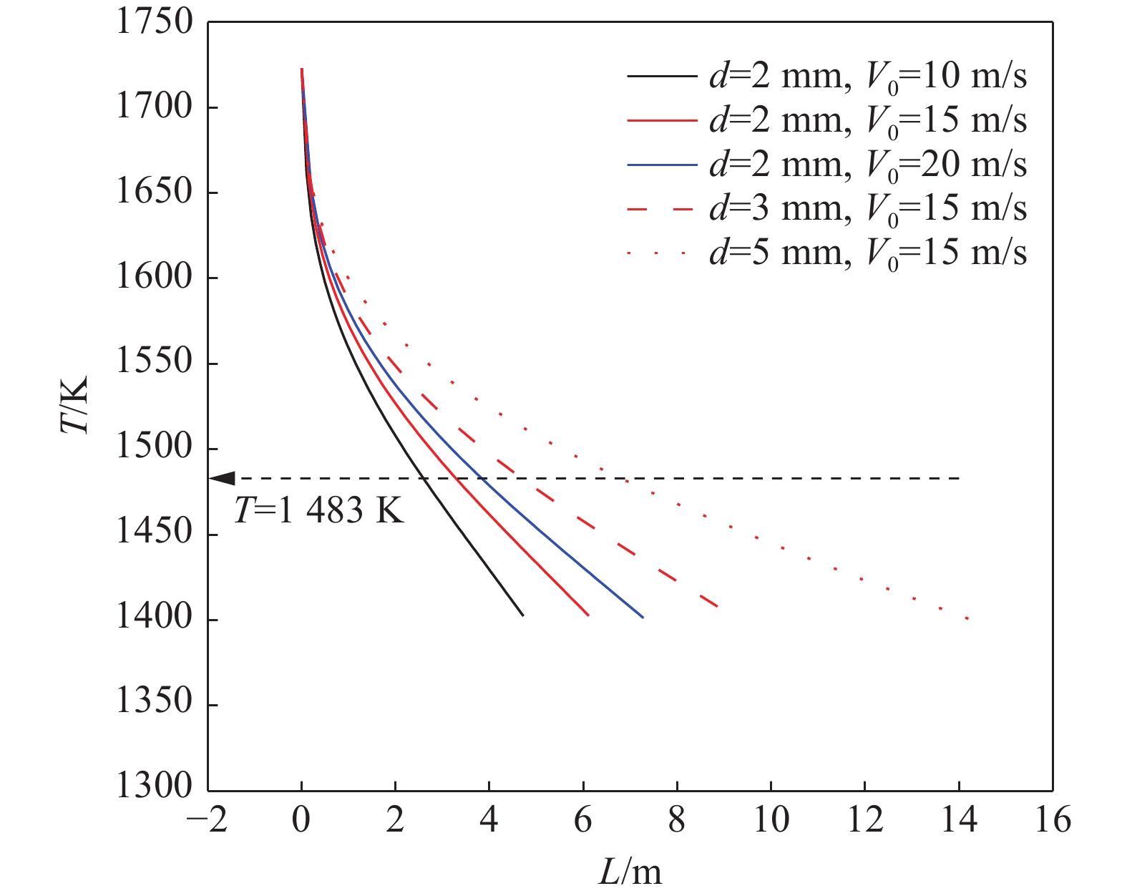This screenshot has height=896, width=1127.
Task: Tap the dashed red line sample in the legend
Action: pyautogui.click(x=661, y=209)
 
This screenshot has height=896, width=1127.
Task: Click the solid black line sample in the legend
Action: pyautogui.click(x=661, y=76)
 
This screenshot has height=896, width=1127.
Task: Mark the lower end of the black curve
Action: pyautogui.click(x=523, y=615)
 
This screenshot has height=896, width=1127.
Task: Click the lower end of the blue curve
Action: pyautogui.click(x=643, y=617)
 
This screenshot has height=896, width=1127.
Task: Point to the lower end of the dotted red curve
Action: pyautogui.click(x=968, y=618)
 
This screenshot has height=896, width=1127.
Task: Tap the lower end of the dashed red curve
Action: pyautogui.click(x=717, y=606)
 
